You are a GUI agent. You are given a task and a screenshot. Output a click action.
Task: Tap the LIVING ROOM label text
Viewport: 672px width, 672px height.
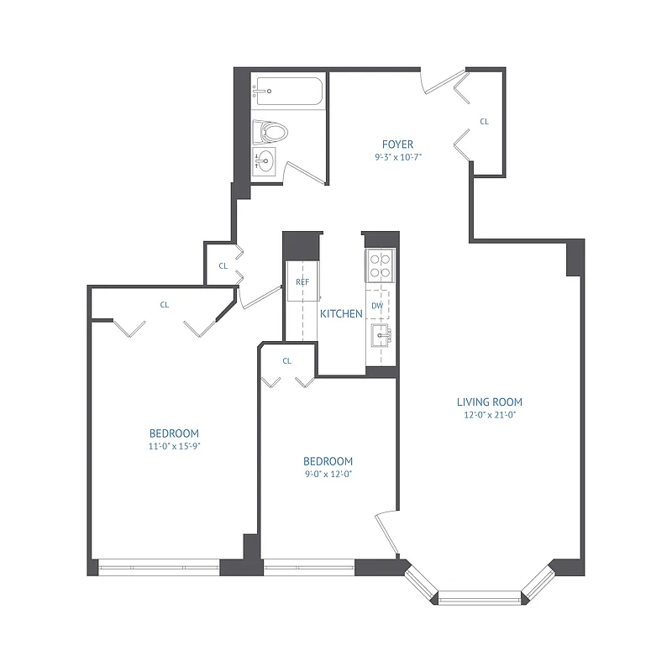495,402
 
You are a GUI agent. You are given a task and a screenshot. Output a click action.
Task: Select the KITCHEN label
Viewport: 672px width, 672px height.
341,314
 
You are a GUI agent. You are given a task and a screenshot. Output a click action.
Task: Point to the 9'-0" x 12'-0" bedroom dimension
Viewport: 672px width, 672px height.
327,474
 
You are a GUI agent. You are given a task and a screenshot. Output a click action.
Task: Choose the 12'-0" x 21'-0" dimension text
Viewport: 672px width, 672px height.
495,414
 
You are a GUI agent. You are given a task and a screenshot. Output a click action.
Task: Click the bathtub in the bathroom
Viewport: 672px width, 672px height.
287,90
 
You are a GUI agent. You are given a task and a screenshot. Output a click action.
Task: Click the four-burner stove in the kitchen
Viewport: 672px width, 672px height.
381,265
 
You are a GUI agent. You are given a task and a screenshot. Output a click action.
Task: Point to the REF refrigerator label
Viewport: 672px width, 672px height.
302,282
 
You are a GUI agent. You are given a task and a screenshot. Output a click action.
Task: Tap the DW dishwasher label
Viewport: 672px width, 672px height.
377,306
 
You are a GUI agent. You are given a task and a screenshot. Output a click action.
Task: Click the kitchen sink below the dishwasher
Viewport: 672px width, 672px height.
382,338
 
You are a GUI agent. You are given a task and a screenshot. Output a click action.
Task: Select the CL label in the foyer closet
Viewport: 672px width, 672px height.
484,122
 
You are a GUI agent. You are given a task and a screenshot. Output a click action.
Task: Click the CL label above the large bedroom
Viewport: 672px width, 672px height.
165,305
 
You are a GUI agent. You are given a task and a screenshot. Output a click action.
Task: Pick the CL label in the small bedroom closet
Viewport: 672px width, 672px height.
286,361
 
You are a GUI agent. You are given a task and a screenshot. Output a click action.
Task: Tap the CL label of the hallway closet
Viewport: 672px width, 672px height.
223,265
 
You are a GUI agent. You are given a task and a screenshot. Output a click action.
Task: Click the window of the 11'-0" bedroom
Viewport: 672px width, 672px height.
159,568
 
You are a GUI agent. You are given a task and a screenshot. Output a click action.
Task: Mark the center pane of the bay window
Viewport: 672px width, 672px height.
479,597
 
